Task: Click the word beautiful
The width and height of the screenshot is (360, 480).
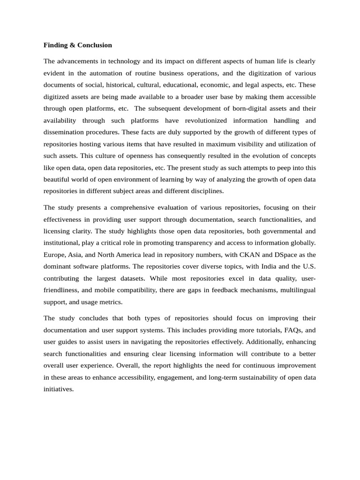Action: [58, 179]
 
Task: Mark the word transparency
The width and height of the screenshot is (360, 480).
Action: [208, 243]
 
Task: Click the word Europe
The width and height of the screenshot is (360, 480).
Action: [55, 255]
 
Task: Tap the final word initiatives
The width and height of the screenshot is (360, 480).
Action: [59, 389]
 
